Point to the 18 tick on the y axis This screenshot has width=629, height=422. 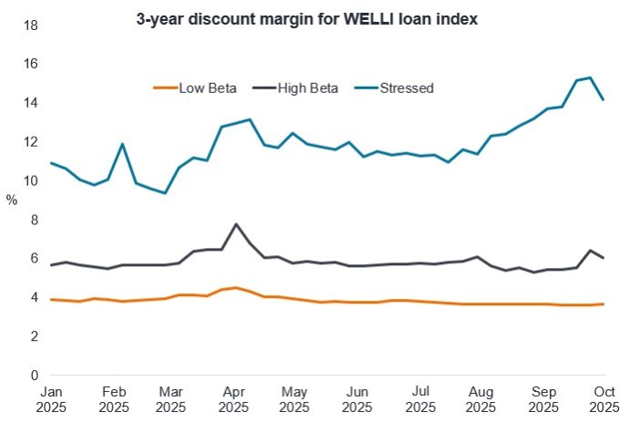coord(30,25)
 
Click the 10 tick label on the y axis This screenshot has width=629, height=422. coord(30,180)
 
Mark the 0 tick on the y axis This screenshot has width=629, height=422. coord(34,375)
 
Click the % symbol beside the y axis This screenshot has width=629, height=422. coord(11,200)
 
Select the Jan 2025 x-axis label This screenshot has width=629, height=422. coord(51,398)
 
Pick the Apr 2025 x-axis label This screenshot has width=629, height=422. coord(234,398)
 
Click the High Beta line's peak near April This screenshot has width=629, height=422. coord(236,224)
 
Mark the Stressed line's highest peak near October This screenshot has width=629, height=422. coord(591,77)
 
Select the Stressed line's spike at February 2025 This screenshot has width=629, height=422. coord(122,144)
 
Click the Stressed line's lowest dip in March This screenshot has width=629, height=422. coord(165,193)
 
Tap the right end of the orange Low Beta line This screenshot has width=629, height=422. coord(603,304)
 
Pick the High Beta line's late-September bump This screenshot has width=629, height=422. coord(591,251)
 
